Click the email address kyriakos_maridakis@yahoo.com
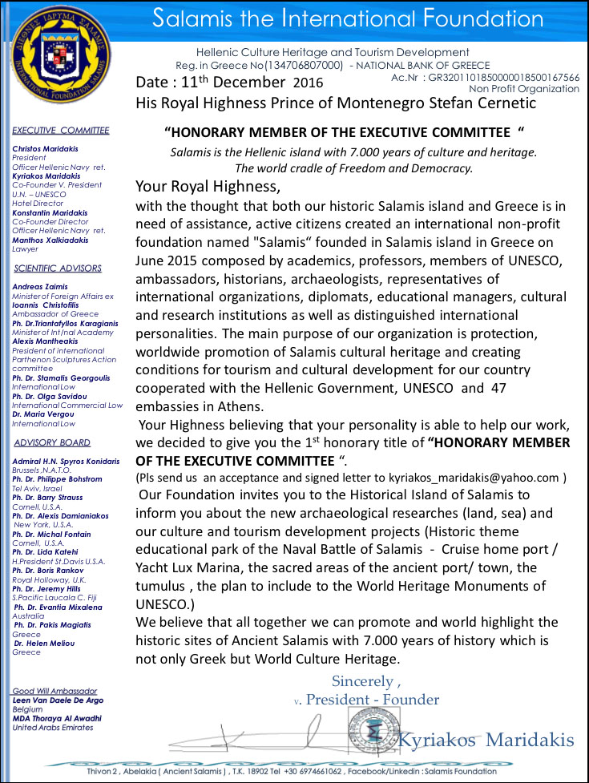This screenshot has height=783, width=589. coord(481,478)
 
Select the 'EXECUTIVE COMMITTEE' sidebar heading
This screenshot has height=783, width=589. coord(61,130)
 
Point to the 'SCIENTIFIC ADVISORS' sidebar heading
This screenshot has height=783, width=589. coord(58,268)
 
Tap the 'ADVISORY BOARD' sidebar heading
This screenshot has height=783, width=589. coord(52,442)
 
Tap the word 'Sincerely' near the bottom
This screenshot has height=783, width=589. coord(361,681)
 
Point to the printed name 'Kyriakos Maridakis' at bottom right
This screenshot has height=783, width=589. coord(486,738)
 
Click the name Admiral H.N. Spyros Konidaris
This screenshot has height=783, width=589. coord(67,462)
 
